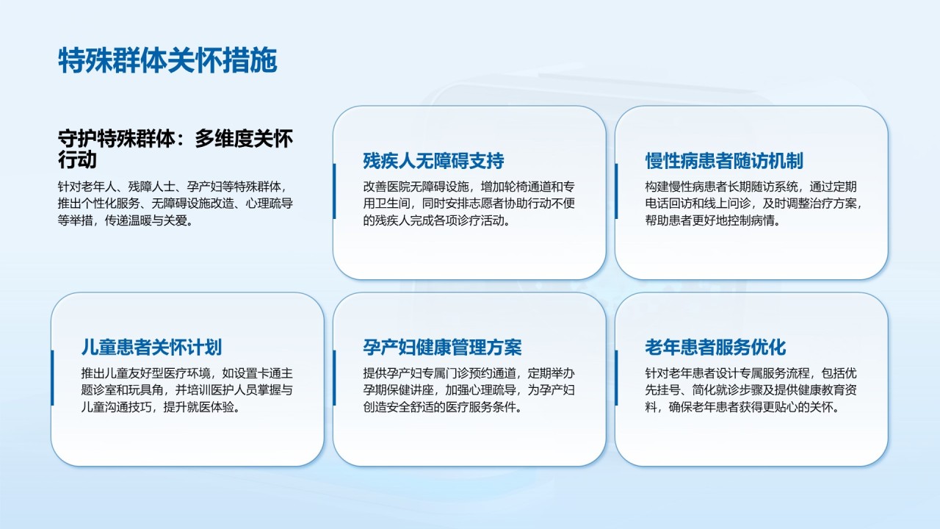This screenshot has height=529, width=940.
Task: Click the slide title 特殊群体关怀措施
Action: coord(168,60)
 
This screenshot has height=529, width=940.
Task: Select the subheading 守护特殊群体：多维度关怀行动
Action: coord(176,149)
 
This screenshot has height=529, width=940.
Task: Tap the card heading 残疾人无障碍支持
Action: coord(433,161)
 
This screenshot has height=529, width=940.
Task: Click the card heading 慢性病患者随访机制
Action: coord(724,161)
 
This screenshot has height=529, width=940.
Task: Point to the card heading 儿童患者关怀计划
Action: coord(151,348)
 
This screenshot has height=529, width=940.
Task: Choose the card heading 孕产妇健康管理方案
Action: coord(442,348)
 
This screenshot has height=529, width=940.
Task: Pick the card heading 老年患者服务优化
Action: coord(715,348)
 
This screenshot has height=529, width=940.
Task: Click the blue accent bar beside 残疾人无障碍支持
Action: coord(334,191)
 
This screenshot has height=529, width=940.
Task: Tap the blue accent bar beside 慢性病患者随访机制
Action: coord(616,191)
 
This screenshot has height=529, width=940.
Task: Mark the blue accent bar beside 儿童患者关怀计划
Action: coord(52,378)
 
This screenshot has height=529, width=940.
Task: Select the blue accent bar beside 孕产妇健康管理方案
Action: coord(334,378)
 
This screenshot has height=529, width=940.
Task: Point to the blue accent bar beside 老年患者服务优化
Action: coord(616,378)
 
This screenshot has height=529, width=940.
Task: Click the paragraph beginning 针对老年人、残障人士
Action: coord(176,204)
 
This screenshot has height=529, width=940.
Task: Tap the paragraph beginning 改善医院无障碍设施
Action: coord(469,204)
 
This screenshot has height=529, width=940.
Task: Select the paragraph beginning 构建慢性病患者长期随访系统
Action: coord(754,204)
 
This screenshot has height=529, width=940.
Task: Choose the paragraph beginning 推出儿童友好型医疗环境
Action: coord(187,390)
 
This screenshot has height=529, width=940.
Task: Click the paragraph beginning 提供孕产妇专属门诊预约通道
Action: coord(469,390)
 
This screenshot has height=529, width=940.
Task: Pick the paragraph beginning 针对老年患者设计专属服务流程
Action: coord(751,390)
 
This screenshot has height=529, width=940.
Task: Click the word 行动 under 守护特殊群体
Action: coord(77,160)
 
